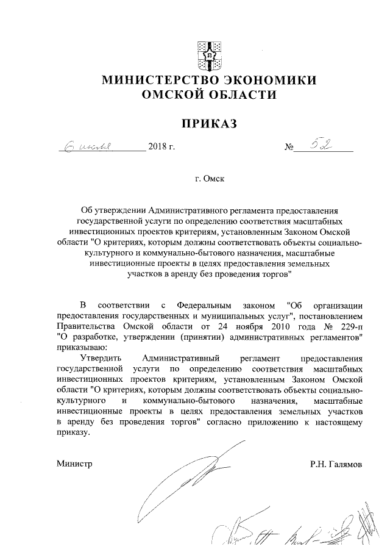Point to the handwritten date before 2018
[x=88, y=147]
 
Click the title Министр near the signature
[x=74, y=464]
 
